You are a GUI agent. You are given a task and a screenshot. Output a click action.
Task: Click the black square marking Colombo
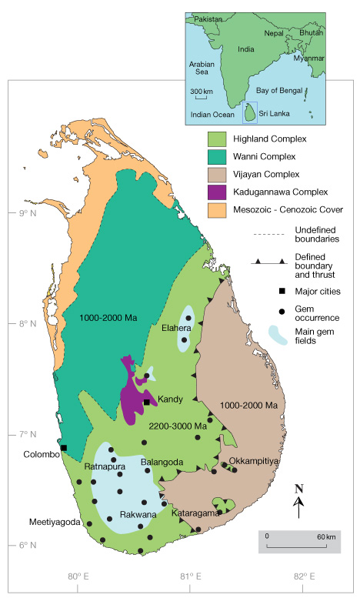(x=64, y=448)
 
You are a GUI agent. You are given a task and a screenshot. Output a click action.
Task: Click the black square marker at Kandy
(x=146, y=402)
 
